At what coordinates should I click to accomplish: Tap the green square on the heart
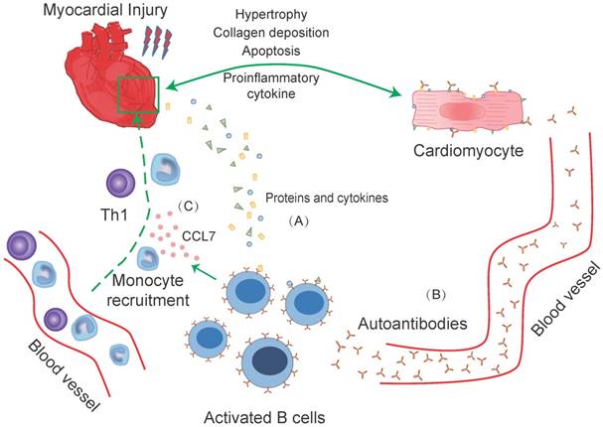pos(135,95)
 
